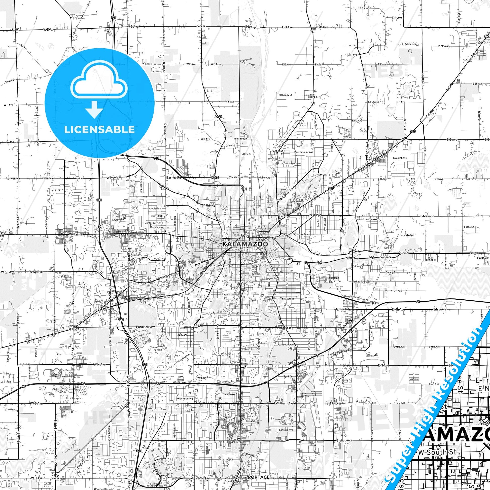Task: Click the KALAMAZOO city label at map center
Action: (x=245, y=244)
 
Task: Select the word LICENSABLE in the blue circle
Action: (x=99, y=129)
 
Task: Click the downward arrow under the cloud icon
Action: (x=94, y=109)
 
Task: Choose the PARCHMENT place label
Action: (x=278, y=151)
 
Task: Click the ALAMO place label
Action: (x=15, y=30)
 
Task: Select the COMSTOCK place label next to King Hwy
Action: (x=386, y=257)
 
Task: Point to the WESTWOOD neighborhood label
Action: (x=157, y=216)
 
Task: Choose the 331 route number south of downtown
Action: (x=241, y=284)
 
